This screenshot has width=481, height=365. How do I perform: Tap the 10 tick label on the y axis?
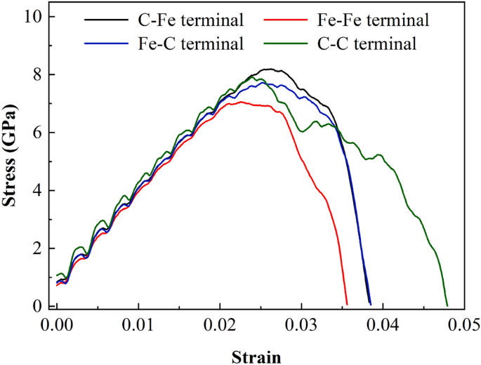click(33, 16)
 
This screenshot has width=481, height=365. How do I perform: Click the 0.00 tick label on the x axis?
click(56, 325)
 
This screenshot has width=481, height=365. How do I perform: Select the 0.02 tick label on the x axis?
click(220, 325)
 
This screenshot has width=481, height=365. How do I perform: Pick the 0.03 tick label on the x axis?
click(302, 325)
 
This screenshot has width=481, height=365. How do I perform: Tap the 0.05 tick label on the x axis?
click(465, 325)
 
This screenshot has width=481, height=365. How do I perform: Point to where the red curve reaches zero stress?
click(347, 305)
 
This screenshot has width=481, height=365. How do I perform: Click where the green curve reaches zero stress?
click(447, 305)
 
